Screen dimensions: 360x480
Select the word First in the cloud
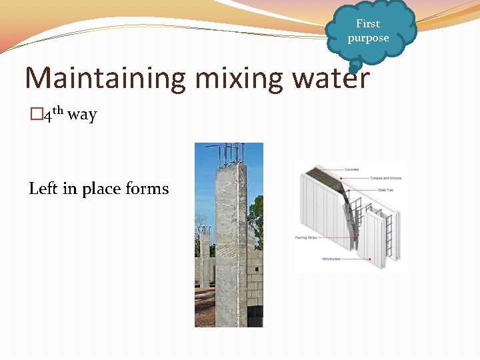click(x=368, y=24)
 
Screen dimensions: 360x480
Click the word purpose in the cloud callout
click(x=368, y=38)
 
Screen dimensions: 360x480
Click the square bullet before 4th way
click(x=35, y=115)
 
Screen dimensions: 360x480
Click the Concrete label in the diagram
click(x=351, y=169)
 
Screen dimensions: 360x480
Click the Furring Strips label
click(x=306, y=237)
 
